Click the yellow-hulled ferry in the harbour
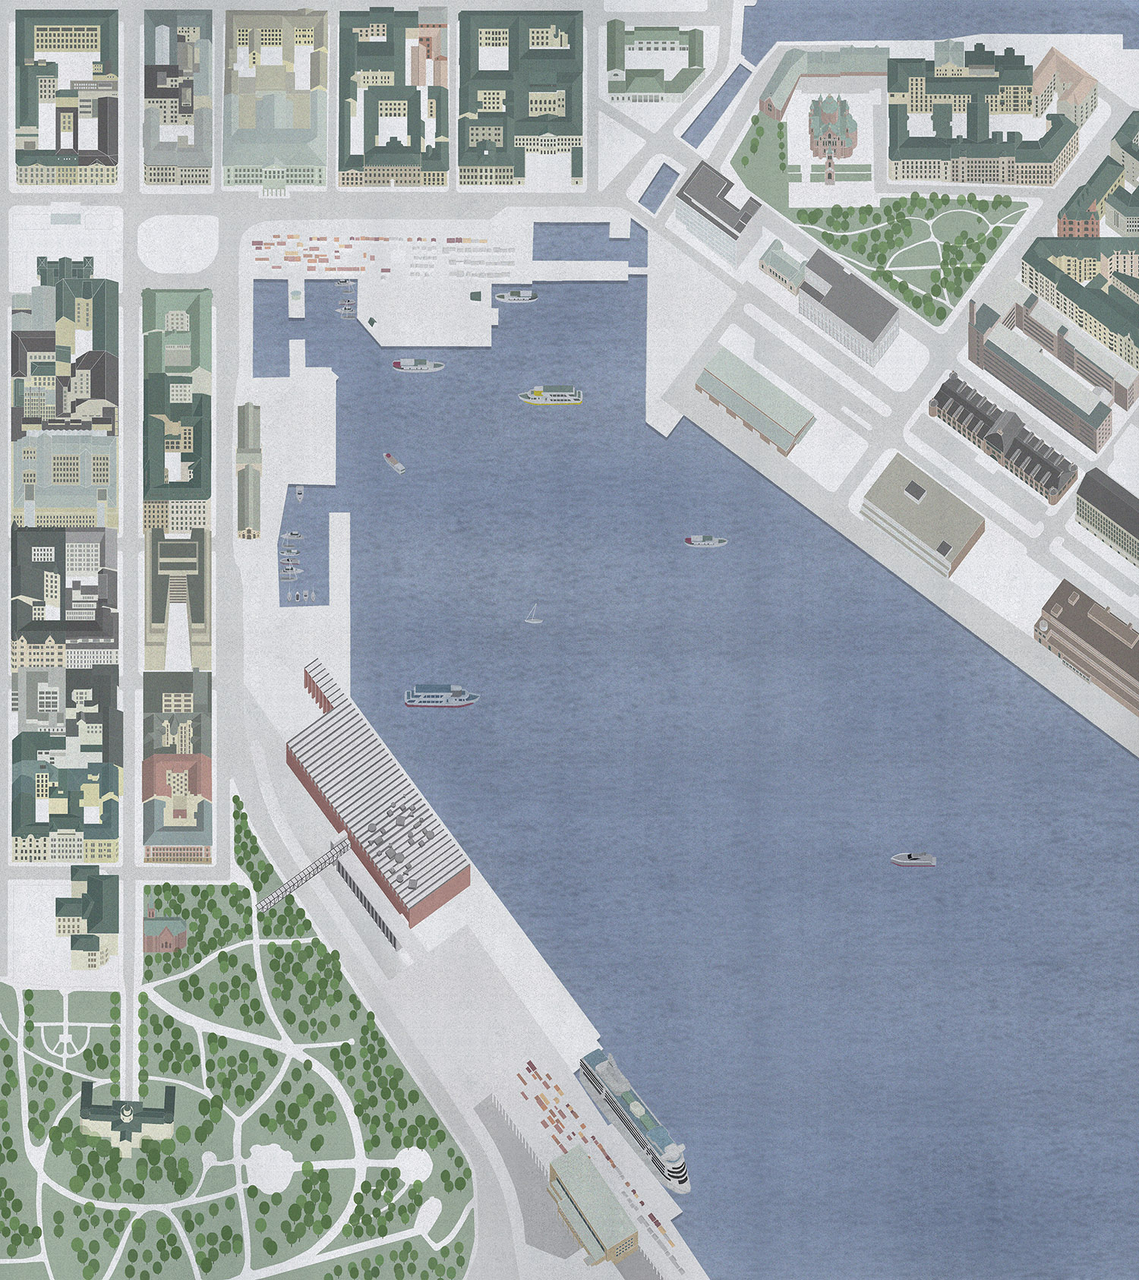click(x=551, y=396)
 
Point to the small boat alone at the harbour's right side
click(x=913, y=859)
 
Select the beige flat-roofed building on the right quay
click(x=923, y=509)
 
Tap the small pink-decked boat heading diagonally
click(x=393, y=462)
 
